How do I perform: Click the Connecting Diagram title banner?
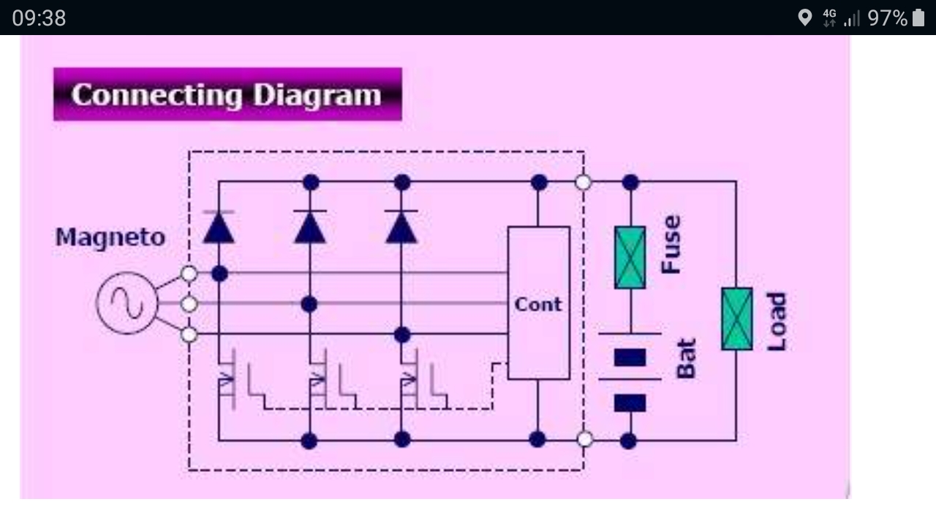pyautogui.click(x=227, y=94)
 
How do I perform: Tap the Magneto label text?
pyautogui.click(x=110, y=237)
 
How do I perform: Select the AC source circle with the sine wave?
pyautogui.click(x=127, y=303)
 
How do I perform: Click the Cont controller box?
pyautogui.click(x=538, y=303)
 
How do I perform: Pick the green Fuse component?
pyautogui.click(x=630, y=257)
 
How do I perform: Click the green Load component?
pyautogui.click(x=736, y=319)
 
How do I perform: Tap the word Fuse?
pyautogui.click(x=671, y=244)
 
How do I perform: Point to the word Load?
pyautogui.click(x=777, y=321)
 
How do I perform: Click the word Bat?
pyautogui.click(x=686, y=359)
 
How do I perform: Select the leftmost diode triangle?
pyautogui.click(x=219, y=228)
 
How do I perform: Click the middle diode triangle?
pyautogui.click(x=310, y=228)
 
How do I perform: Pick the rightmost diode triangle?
pyautogui.click(x=401, y=228)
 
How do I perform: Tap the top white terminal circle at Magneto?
pyautogui.click(x=189, y=274)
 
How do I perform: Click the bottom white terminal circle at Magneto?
pyautogui.click(x=189, y=335)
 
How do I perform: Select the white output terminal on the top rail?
pyautogui.click(x=583, y=182)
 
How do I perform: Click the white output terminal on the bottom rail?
pyautogui.click(x=584, y=439)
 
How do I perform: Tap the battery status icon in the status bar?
pyautogui.click(x=918, y=18)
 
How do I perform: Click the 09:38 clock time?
pyautogui.click(x=39, y=18)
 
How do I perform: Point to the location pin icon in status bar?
pyautogui.click(x=804, y=18)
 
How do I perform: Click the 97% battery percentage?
pyautogui.click(x=887, y=18)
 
